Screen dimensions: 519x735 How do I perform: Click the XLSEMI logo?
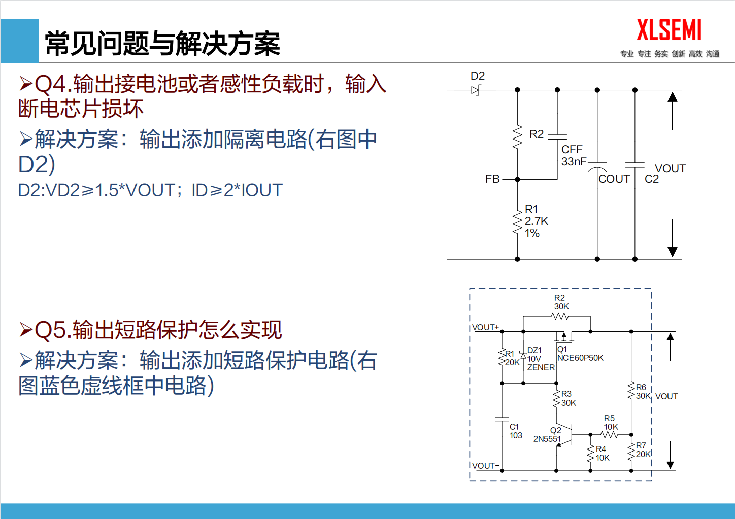coord(669,30)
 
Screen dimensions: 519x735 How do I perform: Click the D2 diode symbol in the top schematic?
coord(476,90)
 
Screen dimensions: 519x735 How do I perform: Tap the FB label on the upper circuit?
coord(492,179)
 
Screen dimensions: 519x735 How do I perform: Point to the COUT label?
coord(614,179)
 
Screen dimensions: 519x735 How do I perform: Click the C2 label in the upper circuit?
coord(652,179)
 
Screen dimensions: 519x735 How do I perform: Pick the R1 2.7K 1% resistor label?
coord(536,221)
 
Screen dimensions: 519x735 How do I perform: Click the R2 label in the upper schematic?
coord(536,134)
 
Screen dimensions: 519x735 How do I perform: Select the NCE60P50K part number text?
coord(580,358)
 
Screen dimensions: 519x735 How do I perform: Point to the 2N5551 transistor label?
coord(547,439)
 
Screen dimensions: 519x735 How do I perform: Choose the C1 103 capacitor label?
coord(516,431)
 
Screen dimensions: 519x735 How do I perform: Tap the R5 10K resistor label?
coord(611,423)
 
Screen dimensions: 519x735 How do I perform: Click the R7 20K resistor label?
coord(643,450)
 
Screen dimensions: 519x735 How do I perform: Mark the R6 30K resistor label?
coord(643,392)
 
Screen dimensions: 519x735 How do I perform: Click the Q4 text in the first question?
coord(52,84)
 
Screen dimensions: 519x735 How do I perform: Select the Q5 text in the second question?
coord(52,330)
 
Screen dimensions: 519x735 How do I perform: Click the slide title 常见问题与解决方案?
coord(162,44)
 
